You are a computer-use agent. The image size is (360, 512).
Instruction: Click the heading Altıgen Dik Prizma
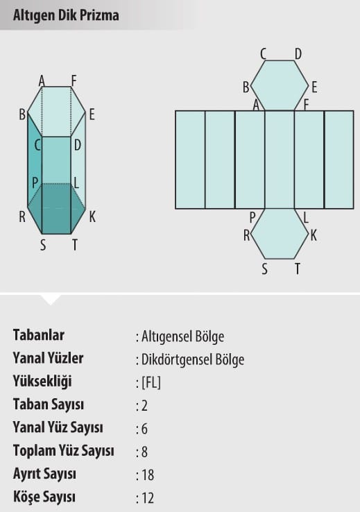click(66, 15)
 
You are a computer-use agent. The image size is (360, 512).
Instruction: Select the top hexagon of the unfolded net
click(280, 85)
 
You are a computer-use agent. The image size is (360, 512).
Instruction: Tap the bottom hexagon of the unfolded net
click(280, 234)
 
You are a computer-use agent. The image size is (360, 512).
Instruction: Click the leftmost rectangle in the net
click(190, 160)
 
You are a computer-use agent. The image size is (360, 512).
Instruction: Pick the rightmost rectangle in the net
click(339, 160)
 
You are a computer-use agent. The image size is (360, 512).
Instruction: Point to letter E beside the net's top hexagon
click(314, 87)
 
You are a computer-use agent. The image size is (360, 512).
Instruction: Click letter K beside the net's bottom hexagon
click(314, 235)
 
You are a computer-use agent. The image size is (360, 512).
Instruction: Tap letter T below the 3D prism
click(75, 245)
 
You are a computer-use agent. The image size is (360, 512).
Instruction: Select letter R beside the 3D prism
click(22, 217)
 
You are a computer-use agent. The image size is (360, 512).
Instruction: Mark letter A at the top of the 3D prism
click(42, 80)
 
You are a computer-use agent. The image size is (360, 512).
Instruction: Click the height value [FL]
click(151, 382)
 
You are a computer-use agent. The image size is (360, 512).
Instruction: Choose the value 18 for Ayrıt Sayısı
click(148, 475)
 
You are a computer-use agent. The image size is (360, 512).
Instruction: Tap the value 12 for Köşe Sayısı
click(148, 498)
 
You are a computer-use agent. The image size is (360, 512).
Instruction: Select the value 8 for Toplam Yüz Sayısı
click(144, 452)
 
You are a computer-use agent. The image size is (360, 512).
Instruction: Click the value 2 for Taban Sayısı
click(144, 406)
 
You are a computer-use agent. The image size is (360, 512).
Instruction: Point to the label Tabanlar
click(39, 335)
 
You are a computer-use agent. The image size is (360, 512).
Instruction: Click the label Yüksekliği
click(42, 382)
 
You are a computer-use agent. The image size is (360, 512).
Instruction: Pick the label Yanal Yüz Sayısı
click(58, 427)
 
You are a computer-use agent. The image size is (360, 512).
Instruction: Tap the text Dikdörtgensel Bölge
click(193, 359)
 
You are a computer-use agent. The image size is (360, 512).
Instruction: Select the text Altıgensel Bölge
click(182, 336)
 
